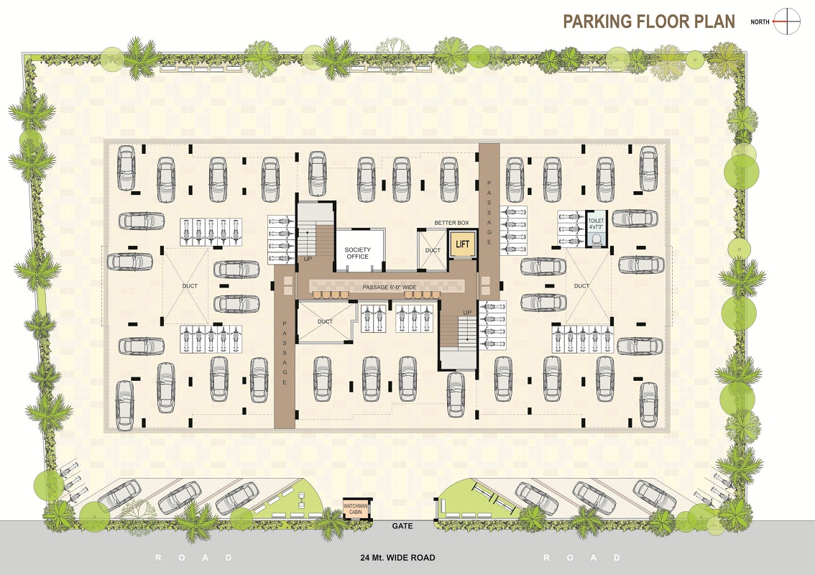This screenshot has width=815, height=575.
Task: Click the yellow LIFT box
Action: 462,244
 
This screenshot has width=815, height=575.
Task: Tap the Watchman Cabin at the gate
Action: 356,508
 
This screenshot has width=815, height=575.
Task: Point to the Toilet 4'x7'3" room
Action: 596,228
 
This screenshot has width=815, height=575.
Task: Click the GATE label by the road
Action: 402,525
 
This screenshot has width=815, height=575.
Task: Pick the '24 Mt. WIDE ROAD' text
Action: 397,558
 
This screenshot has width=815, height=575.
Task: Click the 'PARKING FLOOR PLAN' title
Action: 649,22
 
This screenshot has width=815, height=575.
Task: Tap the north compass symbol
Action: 787,22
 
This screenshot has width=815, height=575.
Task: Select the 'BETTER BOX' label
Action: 451,223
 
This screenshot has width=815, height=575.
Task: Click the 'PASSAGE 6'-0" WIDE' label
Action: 390,287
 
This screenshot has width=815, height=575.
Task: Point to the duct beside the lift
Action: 433,250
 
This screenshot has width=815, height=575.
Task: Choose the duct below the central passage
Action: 326,321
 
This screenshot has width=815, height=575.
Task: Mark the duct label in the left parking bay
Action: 190,286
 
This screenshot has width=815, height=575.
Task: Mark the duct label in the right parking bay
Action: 581,286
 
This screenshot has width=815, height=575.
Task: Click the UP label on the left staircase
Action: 308,258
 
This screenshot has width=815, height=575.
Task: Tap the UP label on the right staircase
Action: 467,313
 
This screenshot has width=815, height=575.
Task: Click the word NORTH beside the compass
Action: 760,22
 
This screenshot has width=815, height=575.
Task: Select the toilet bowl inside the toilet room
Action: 597,239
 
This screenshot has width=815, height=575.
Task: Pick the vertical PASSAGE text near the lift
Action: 489,213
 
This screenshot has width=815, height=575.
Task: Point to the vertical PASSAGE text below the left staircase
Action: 285,353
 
